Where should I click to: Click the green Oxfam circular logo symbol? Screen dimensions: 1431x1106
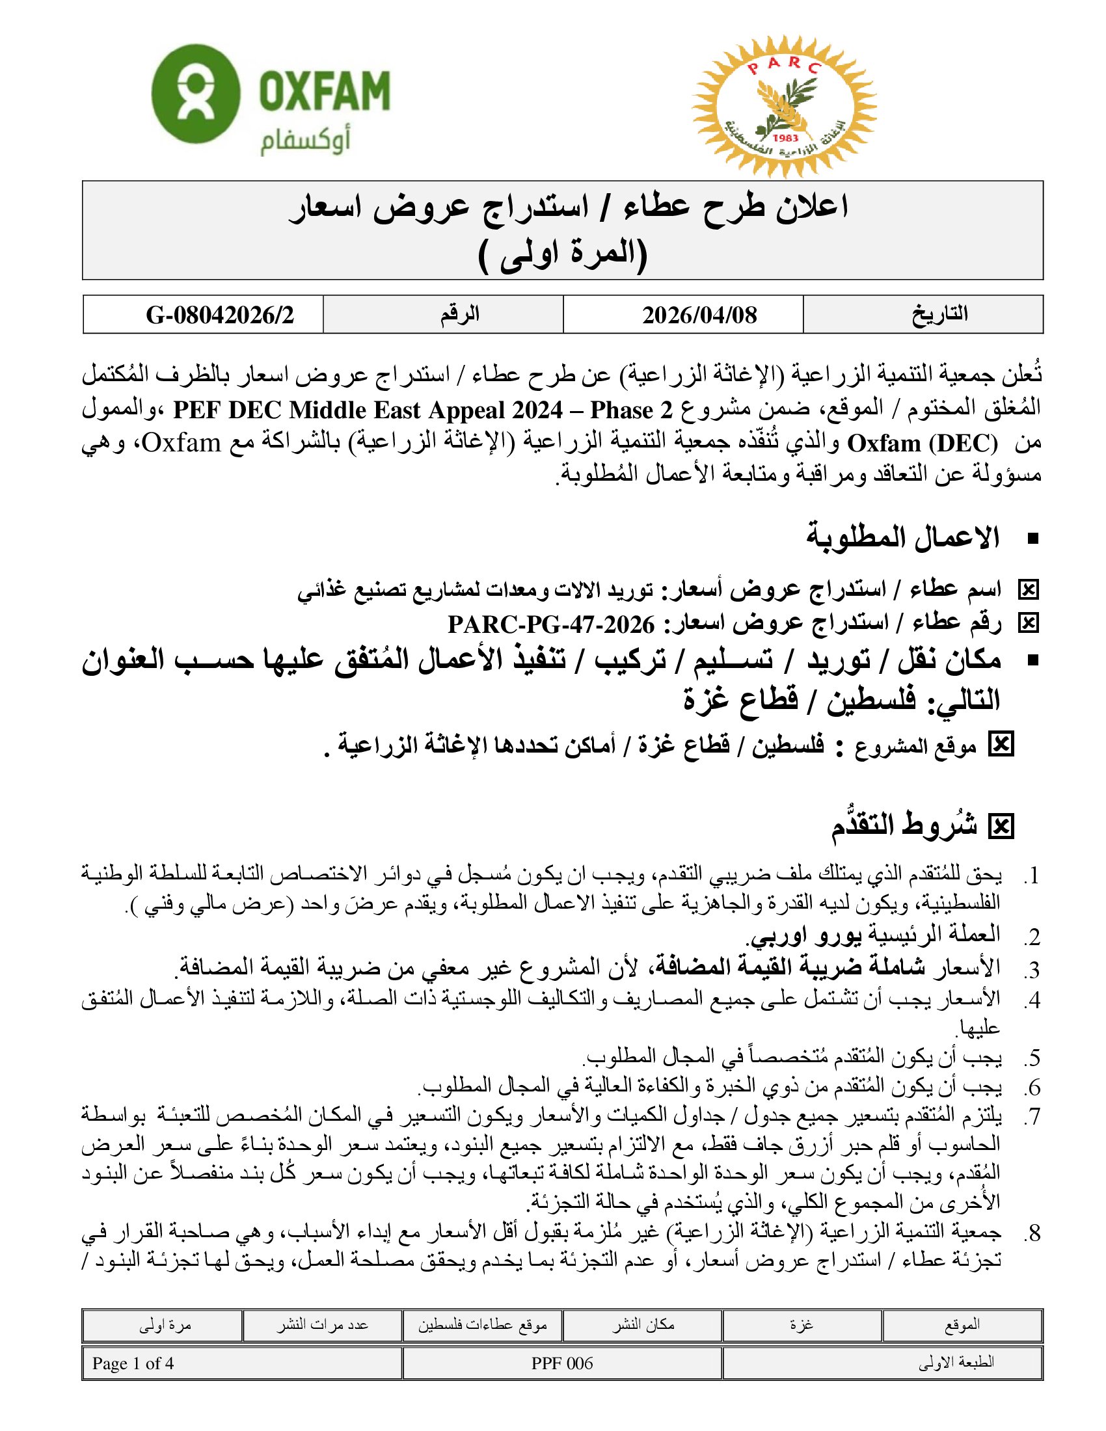[x=195, y=94]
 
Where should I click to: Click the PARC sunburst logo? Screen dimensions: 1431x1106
[x=784, y=107]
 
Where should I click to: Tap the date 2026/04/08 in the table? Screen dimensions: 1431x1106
[x=699, y=315]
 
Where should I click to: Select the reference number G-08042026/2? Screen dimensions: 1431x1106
[x=219, y=315]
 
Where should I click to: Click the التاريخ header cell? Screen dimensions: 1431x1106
[x=939, y=314]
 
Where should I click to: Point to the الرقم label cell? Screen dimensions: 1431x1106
[x=459, y=315]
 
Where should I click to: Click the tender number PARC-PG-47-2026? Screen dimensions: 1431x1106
[x=551, y=624]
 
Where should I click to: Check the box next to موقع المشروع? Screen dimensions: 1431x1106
[x=1001, y=745]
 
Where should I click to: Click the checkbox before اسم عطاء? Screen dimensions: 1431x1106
[x=1028, y=591]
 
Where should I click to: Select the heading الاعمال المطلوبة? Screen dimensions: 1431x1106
[x=903, y=538]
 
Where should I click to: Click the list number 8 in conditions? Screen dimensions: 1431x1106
[x=1032, y=1233]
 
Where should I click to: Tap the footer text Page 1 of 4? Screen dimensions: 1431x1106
[x=133, y=1363]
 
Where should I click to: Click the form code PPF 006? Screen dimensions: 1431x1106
[x=561, y=1363]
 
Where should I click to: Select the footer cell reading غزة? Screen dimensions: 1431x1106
[x=802, y=1325]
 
